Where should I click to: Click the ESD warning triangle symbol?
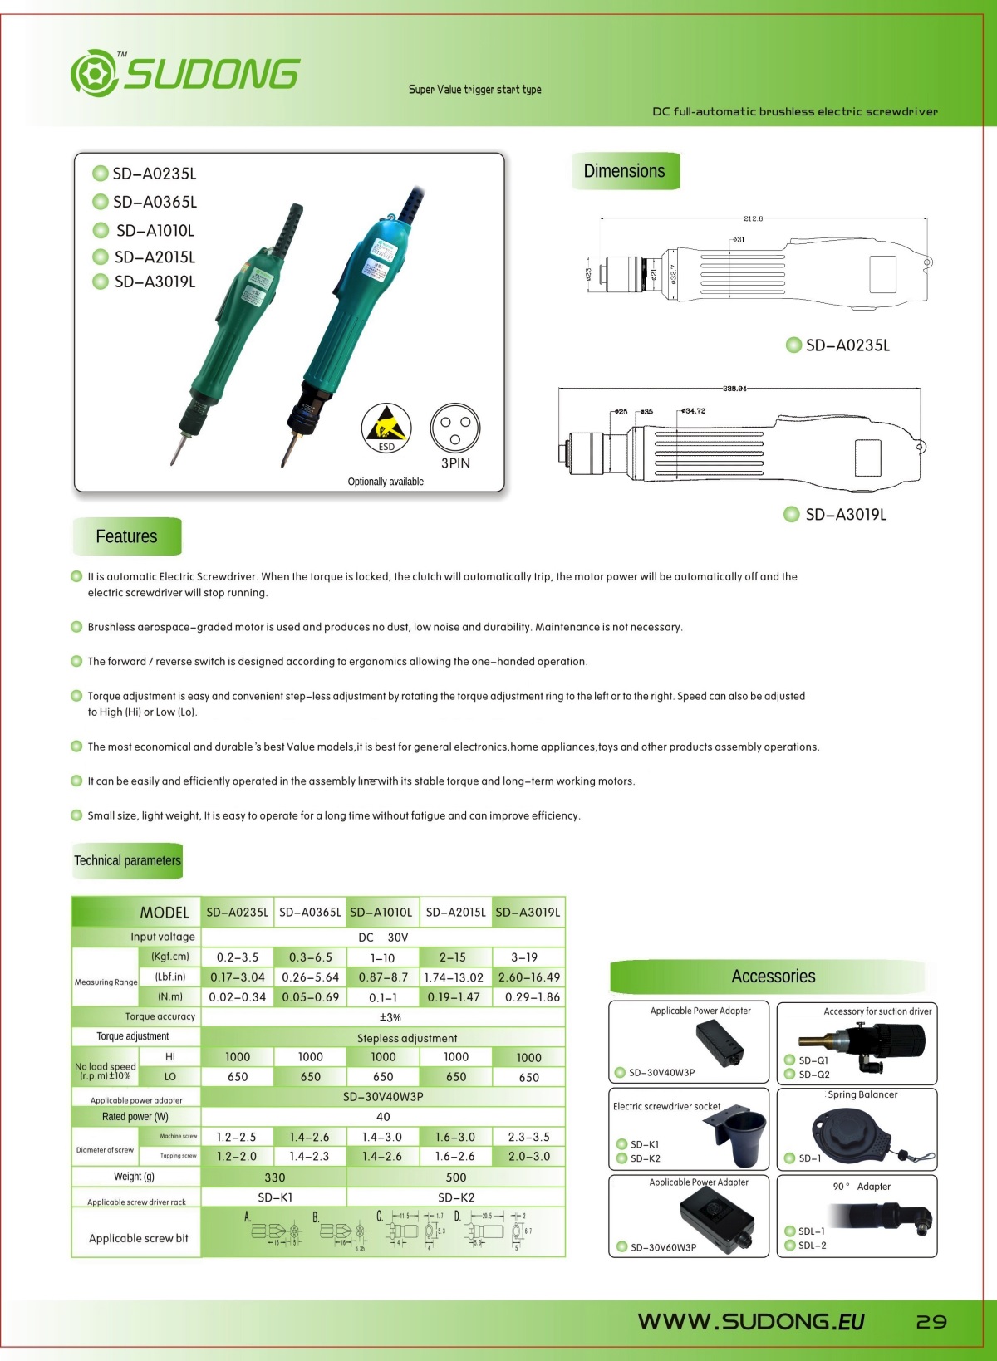386,425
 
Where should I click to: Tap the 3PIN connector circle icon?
455,428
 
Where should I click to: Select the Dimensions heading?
625,171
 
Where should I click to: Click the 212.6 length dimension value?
753,218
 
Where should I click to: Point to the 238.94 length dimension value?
734,389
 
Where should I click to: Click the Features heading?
126,536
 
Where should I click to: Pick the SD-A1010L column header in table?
381,912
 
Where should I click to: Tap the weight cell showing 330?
274,1177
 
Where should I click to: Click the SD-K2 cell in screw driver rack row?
456,1197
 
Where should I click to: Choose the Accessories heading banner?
773,977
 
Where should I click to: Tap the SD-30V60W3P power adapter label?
663,1247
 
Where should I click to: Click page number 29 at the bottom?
931,1321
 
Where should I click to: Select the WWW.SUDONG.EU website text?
750,1321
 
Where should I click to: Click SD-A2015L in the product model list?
155,257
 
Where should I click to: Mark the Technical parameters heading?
127,860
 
